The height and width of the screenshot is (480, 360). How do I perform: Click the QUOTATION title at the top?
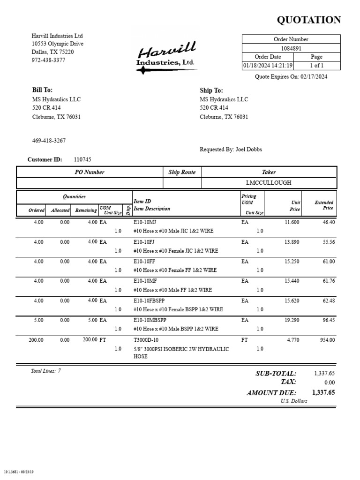point(309,20)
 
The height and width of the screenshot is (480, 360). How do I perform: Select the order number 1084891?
point(291,48)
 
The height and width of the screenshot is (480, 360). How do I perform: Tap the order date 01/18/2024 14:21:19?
point(268,66)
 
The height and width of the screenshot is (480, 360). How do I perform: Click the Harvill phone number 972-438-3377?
point(48,60)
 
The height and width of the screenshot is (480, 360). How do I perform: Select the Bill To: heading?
point(42,90)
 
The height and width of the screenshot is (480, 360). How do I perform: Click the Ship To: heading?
point(211,90)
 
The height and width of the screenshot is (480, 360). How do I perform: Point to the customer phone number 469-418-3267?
point(49,141)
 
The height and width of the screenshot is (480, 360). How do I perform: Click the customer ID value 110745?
point(82,160)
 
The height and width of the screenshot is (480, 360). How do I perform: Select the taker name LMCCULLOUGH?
point(269,183)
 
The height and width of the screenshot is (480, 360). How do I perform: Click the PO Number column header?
point(90,172)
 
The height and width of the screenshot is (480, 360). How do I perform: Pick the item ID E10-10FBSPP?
point(150,300)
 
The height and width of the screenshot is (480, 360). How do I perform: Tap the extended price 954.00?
point(327,340)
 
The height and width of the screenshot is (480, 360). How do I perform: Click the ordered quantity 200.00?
point(36,340)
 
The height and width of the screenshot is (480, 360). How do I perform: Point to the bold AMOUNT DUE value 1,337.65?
point(323,393)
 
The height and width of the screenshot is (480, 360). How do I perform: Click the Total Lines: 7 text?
point(46,371)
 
